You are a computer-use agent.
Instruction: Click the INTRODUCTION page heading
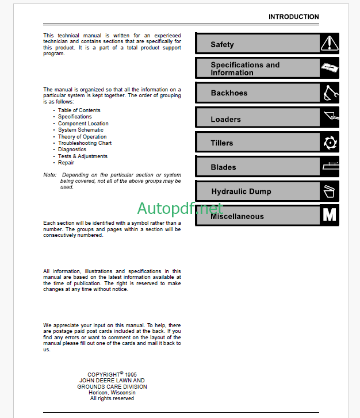click(x=293, y=17)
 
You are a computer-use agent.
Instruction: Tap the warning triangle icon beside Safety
click(x=330, y=43)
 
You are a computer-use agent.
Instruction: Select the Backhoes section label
click(x=229, y=93)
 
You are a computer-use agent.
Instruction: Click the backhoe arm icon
click(x=330, y=93)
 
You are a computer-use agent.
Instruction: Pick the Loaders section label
click(x=225, y=120)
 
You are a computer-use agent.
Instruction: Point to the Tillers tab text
click(x=222, y=143)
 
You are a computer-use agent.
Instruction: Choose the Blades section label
click(x=223, y=167)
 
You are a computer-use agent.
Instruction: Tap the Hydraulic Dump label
click(x=241, y=191)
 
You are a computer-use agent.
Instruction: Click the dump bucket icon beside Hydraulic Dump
click(x=330, y=191)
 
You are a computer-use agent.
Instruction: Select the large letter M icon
click(x=330, y=216)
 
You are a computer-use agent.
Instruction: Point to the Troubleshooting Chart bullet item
click(x=85, y=143)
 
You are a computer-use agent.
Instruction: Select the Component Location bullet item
click(x=83, y=124)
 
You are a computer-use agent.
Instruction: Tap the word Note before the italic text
click(x=49, y=175)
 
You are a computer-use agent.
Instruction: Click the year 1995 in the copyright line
click(x=131, y=374)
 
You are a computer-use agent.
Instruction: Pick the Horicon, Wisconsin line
click(x=112, y=393)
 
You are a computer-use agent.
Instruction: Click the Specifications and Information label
click(x=245, y=69)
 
